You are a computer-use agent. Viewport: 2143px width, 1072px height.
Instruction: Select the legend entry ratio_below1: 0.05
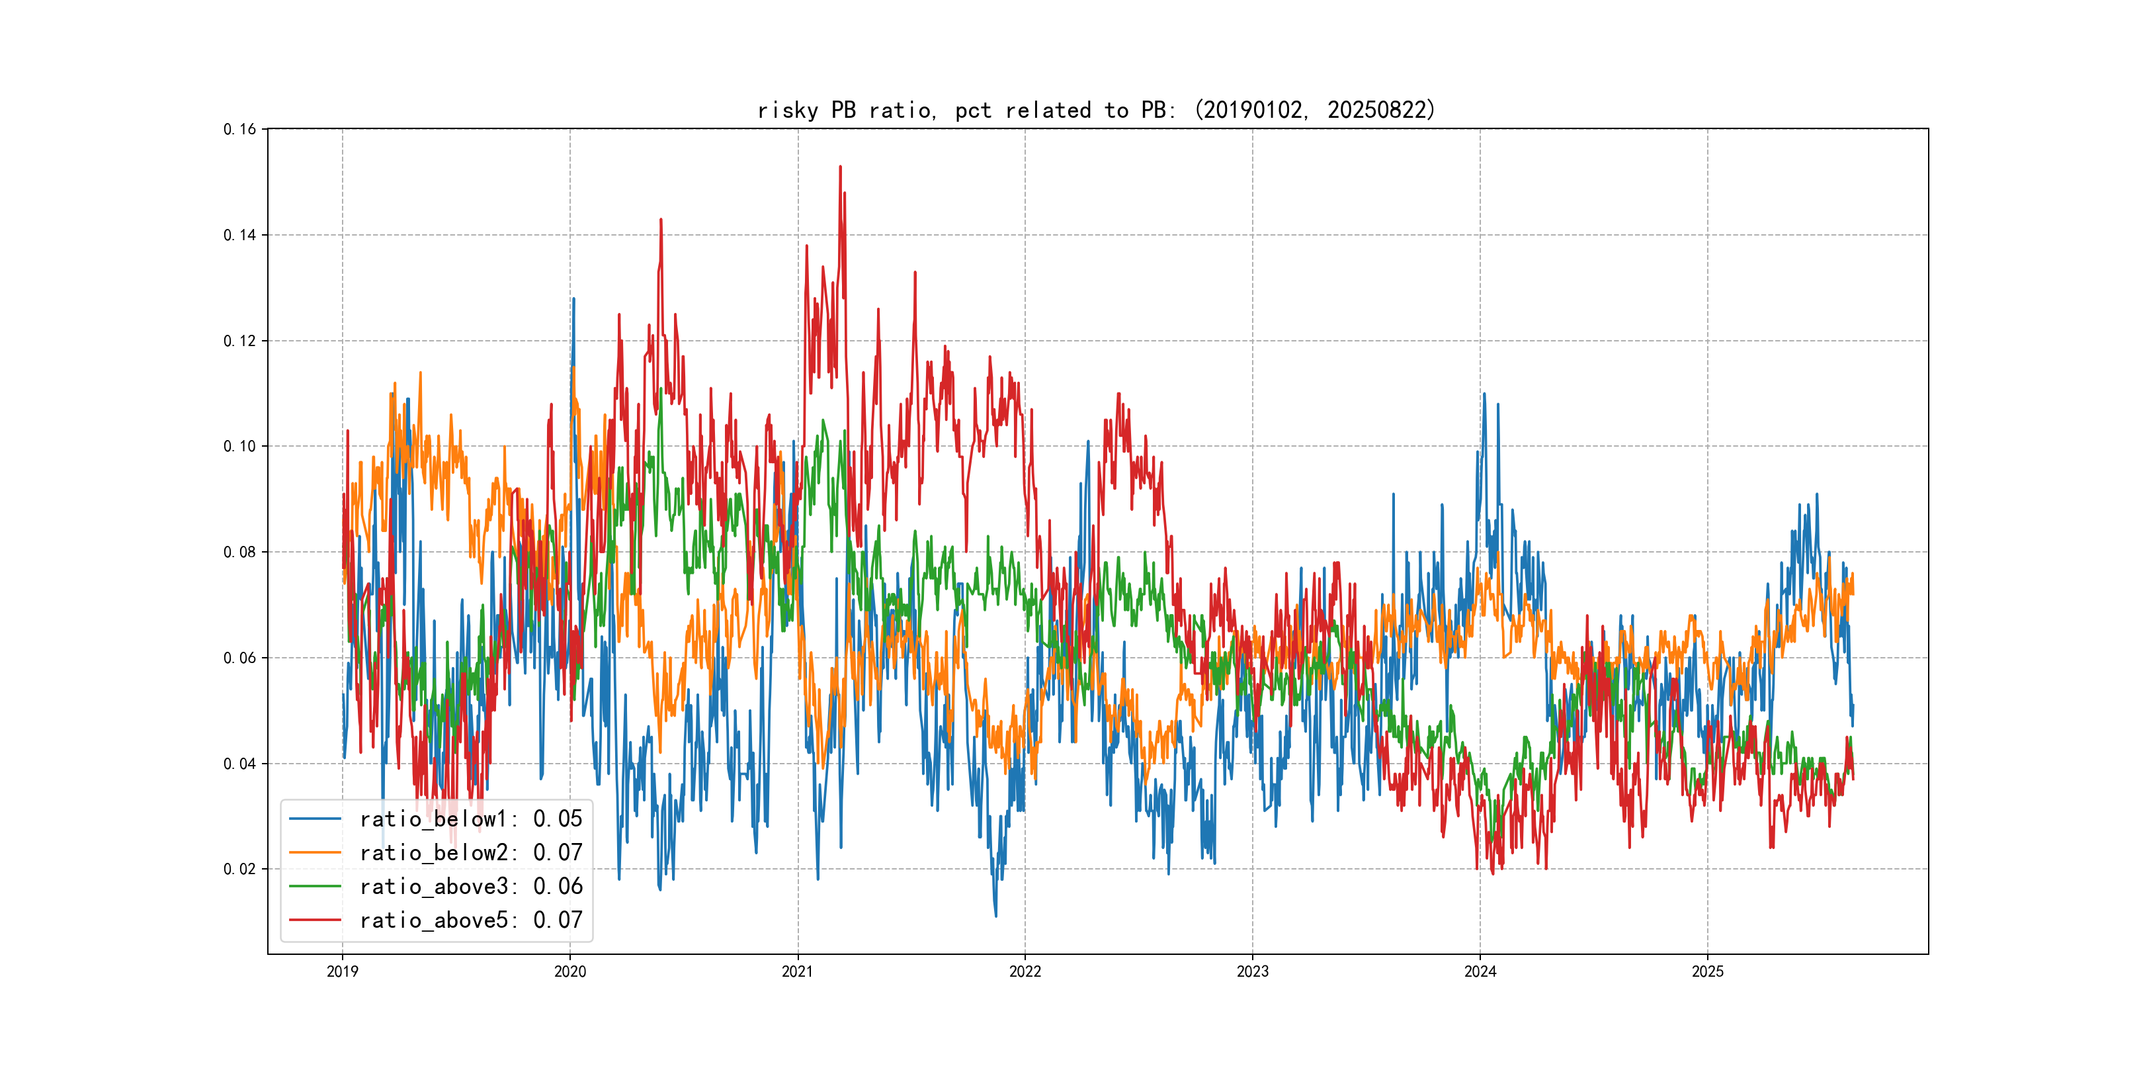tap(471, 819)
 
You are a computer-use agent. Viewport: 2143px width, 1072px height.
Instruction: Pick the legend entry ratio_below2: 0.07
tap(471, 853)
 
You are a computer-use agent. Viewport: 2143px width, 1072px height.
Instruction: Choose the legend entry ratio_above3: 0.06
tap(471, 887)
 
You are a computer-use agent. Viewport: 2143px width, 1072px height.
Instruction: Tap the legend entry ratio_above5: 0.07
tap(471, 920)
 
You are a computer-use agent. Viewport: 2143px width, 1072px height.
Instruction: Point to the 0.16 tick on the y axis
tap(239, 129)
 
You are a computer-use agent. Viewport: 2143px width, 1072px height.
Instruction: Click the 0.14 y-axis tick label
tap(239, 235)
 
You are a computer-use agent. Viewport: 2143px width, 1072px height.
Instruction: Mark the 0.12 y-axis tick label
tap(239, 340)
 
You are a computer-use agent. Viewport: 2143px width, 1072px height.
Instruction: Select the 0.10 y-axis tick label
tap(239, 446)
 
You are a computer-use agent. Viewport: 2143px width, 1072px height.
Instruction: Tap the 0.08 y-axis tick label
tap(239, 552)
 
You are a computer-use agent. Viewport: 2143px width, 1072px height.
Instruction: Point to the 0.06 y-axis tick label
tap(239, 658)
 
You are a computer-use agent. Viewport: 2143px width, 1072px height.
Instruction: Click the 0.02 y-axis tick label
tap(239, 869)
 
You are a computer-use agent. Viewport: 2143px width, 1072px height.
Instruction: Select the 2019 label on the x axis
tap(342, 971)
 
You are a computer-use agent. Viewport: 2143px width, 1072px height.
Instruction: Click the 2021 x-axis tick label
tap(797, 971)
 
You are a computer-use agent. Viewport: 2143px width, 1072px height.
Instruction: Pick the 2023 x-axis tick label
tap(1252, 971)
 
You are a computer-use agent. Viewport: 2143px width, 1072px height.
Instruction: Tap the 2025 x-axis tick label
tap(1707, 971)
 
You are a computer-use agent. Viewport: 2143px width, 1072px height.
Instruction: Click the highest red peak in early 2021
tap(840, 167)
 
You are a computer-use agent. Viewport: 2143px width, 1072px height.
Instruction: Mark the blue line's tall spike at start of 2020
tap(573, 299)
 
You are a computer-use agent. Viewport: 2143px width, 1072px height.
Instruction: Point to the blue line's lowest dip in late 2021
tap(996, 916)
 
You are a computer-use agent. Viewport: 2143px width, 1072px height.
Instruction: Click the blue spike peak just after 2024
tap(1484, 394)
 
